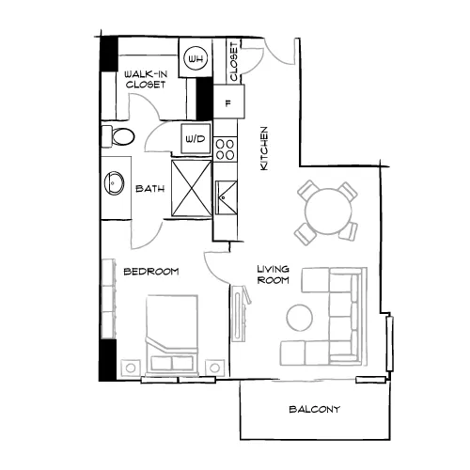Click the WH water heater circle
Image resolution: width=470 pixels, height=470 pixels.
[x=196, y=58]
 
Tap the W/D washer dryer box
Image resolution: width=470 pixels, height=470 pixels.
[x=196, y=138]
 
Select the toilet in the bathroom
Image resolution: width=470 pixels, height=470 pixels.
[x=117, y=136]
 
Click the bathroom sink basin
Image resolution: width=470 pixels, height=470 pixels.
[x=114, y=182]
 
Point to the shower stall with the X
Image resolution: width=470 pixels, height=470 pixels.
[x=192, y=188]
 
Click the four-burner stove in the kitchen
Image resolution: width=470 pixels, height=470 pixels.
[x=225, y=149]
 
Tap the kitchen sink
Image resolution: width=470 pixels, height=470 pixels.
[x=227, y=197]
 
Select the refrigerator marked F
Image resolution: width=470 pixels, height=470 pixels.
[x=228, y=102]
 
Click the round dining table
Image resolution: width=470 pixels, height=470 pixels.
[x=328, y=211]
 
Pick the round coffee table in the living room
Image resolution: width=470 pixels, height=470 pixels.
[x=300, y=318]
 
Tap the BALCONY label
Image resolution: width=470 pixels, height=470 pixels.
[x=314, y=409]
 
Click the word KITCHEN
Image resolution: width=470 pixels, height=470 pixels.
[x=264, y=149]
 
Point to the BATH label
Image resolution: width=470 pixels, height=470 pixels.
[x=150, y=189]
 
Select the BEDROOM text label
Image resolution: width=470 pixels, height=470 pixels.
[x=151, y=272]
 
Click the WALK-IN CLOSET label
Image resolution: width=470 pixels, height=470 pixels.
[x=146, y=79]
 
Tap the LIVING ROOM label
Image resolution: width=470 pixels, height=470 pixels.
[x=273, y=274]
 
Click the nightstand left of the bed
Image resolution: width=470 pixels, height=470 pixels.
[x=131, y=368]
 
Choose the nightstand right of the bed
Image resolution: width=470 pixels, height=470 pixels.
[x=214, y=368]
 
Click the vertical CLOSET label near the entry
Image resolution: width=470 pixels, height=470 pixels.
[x=234, y=62]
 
